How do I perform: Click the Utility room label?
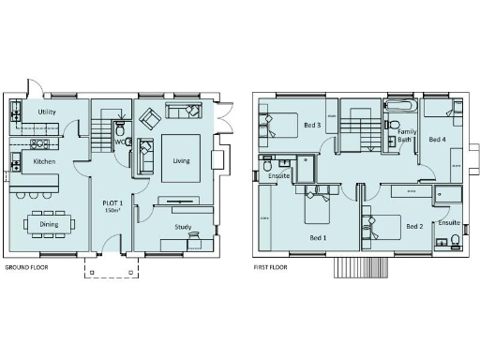48,112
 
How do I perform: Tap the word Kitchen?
45,162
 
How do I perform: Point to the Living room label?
180,160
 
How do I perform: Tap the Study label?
183,228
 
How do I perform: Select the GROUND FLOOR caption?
27,267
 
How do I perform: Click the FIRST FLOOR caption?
270,267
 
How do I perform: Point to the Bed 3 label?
311,125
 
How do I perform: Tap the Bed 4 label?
437,139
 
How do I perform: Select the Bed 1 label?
317,237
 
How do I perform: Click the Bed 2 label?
413,227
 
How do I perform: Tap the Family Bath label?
406,136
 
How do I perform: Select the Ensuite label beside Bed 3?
278,173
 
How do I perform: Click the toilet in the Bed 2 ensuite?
453,241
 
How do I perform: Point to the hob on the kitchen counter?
39,144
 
